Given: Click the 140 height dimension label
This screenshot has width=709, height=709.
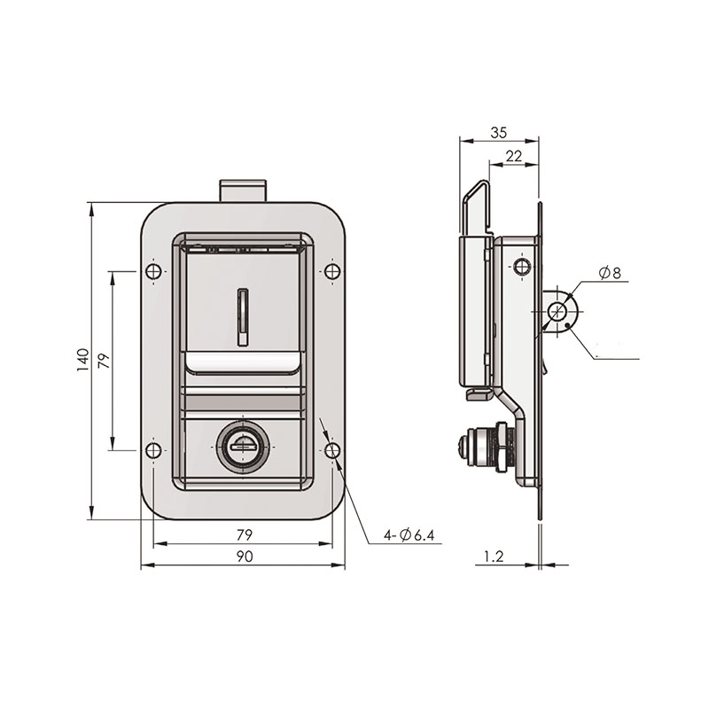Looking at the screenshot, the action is pyautogui.click(x=82, y=360).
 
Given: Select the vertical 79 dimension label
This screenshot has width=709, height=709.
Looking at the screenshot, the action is pyautogui.click(x=104, y=361).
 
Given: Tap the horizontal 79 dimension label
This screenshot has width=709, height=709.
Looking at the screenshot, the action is pyautogui.click(x=245, y=535).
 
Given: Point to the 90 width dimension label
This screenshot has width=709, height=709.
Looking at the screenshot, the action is pyautogui.click(x=245, y=557).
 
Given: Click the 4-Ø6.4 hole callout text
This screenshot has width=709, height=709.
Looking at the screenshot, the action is pyautogui.click(x=409, y=535).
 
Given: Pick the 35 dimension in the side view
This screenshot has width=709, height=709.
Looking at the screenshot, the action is pyautogui.click(x=499, y=132).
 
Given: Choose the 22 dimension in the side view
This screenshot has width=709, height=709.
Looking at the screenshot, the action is pyautogui.click(x=514, y=156).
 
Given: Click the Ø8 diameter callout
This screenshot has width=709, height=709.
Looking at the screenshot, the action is pyautogui.click(x=610, y=273).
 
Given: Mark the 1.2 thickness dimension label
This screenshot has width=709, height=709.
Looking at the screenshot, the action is pyautogui.click(x=494, y=557).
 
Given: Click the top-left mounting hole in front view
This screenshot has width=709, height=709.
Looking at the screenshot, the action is pyautogui.click(x=153, y=271).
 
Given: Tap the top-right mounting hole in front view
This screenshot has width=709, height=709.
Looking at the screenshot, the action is pyautogui.click(x=333, y=271).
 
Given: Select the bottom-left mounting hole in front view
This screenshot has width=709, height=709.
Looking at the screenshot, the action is pyautogui.click(x=153, y=450).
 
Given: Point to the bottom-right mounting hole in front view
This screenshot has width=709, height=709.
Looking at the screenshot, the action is pyautogui.click(x=333, y=450).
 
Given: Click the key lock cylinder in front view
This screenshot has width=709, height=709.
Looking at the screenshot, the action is pyautogui.click(x=243, y=447).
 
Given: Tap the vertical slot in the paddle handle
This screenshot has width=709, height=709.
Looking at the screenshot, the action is pyautogui.click(x=243, y=317).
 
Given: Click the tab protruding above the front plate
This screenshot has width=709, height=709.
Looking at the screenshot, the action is pyautogui.click(x=243, y=191).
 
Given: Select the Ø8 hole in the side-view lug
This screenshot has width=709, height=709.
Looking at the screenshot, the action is pyautogui.click(x=557, y=312).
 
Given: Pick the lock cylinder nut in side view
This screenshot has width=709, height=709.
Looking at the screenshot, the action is pyautogui.click(x=501, y=447).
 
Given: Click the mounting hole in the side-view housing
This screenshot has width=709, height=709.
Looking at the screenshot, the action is pyautogui.click(x=522, y=266).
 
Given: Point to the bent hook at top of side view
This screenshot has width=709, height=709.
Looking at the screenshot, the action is pyautogui.click(x=476, y=207).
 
